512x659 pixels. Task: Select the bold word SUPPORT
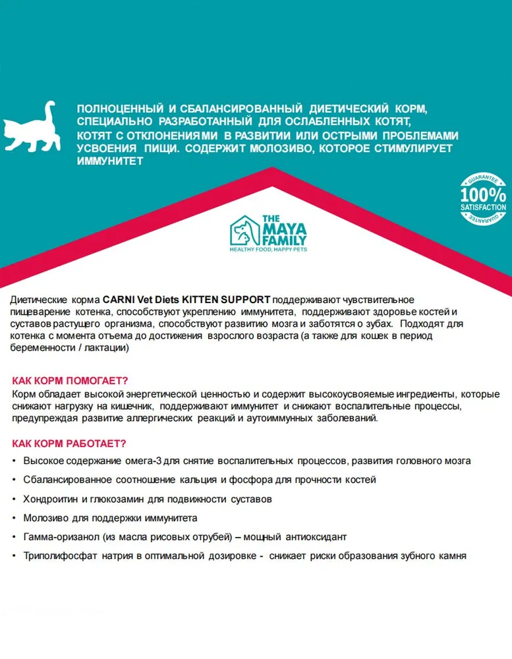pos(246,301)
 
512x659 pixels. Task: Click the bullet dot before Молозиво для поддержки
pos(14,518)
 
